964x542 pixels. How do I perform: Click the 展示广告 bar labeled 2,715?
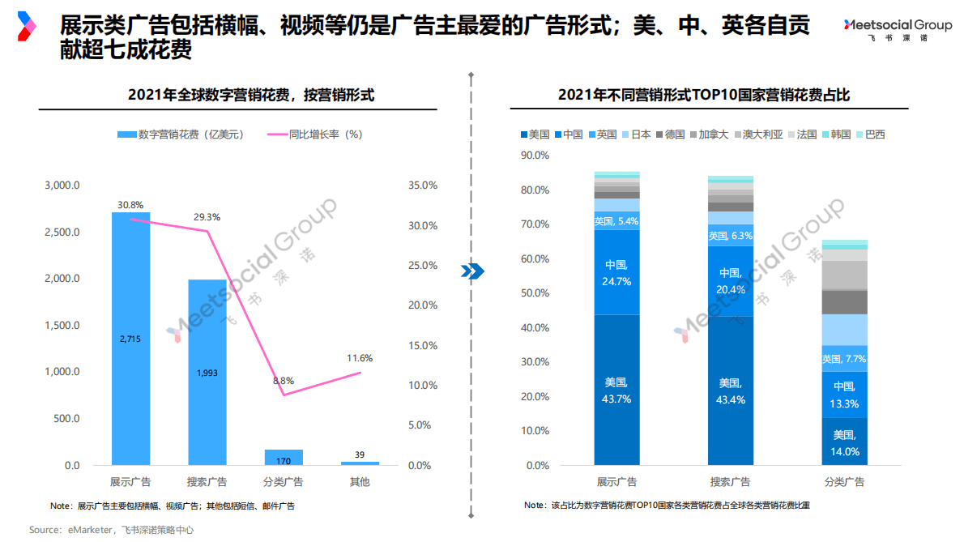130,339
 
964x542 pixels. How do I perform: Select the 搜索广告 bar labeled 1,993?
207,373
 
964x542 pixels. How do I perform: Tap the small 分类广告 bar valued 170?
284,457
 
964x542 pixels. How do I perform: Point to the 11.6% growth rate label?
360,357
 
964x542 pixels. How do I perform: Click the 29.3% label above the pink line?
207,217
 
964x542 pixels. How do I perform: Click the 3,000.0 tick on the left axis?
62,186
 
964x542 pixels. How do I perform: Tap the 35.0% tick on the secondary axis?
422,186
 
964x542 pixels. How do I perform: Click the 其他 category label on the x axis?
360,482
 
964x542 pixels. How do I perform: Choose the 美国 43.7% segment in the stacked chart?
616,390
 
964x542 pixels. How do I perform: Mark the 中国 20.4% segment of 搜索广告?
731,280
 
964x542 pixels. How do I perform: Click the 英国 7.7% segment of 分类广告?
844,358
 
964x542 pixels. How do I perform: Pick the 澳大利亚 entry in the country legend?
762,134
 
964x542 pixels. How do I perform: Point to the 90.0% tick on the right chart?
535,156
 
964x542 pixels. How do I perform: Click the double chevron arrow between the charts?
471,271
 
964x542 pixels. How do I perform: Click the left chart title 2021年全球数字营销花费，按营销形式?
251,95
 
